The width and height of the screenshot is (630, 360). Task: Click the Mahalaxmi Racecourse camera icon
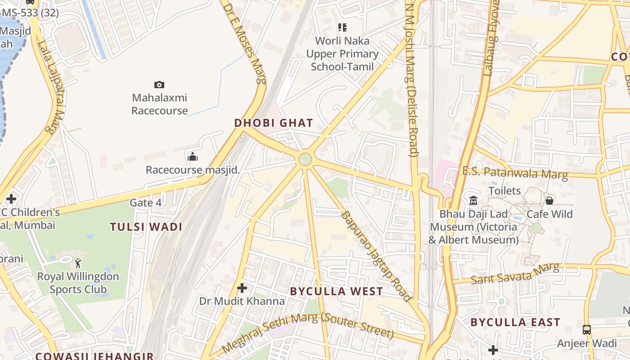pyautogui.click(x=159, y=85)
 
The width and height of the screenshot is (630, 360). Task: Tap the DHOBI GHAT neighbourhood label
pyautogui.click(x=274, y=123)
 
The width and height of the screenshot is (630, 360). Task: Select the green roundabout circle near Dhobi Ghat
pyautogui.click(x=305, y=159)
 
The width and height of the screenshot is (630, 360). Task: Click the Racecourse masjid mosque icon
pyautogui.click(x=193, y=157)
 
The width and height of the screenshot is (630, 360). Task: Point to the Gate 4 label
pyautogui.click(x=145, y=203)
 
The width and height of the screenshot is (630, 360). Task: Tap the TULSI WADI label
pyautogui.click(x=146, y=227)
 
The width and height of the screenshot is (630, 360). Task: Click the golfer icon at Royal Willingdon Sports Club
pyautogui.click(x=78, y=263)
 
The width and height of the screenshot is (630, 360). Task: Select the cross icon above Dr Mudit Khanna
pyautogui.click(x=242, y=288)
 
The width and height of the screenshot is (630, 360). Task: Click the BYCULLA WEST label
pyautogui.click(x=337, y=292)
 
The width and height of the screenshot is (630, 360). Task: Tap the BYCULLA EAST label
pyautogui.click(x=515, y=322)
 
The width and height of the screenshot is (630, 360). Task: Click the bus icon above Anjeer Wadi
pyautogui.click(x=587, y=330)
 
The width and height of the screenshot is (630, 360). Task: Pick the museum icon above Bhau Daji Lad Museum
pyautogui.click(x=473, y=201)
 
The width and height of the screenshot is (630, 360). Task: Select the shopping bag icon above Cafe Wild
pyautogui.click(x=549, y=201)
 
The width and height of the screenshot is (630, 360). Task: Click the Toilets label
pyautogui.click(x=504, y=191)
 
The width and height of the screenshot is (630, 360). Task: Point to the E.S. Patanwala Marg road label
pyautogui.click(x=515, y=173)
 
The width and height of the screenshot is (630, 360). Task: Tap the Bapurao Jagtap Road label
pyautogui.click(x=376, y=256)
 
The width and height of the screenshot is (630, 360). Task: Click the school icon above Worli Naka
pyautogui.click(x=342, y=27)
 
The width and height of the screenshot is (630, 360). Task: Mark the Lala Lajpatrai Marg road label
pyautogui.click(x=53, y=88)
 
